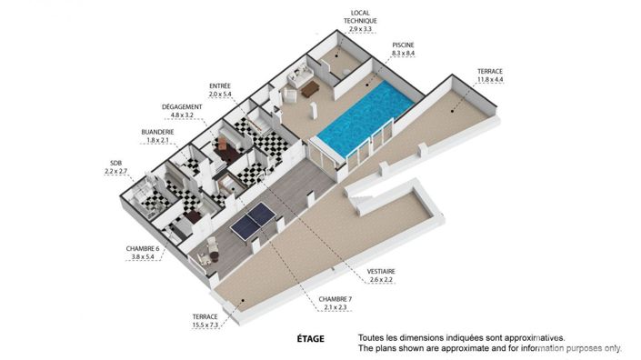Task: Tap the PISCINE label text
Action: [405, 45]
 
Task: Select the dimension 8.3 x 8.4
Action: [405, 55]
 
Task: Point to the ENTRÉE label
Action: [220, 85]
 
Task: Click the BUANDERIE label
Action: [157, 132]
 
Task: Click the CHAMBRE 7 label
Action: [336, 298]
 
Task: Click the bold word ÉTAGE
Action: [310, 337]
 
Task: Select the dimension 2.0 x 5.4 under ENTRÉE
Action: [220, 95]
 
